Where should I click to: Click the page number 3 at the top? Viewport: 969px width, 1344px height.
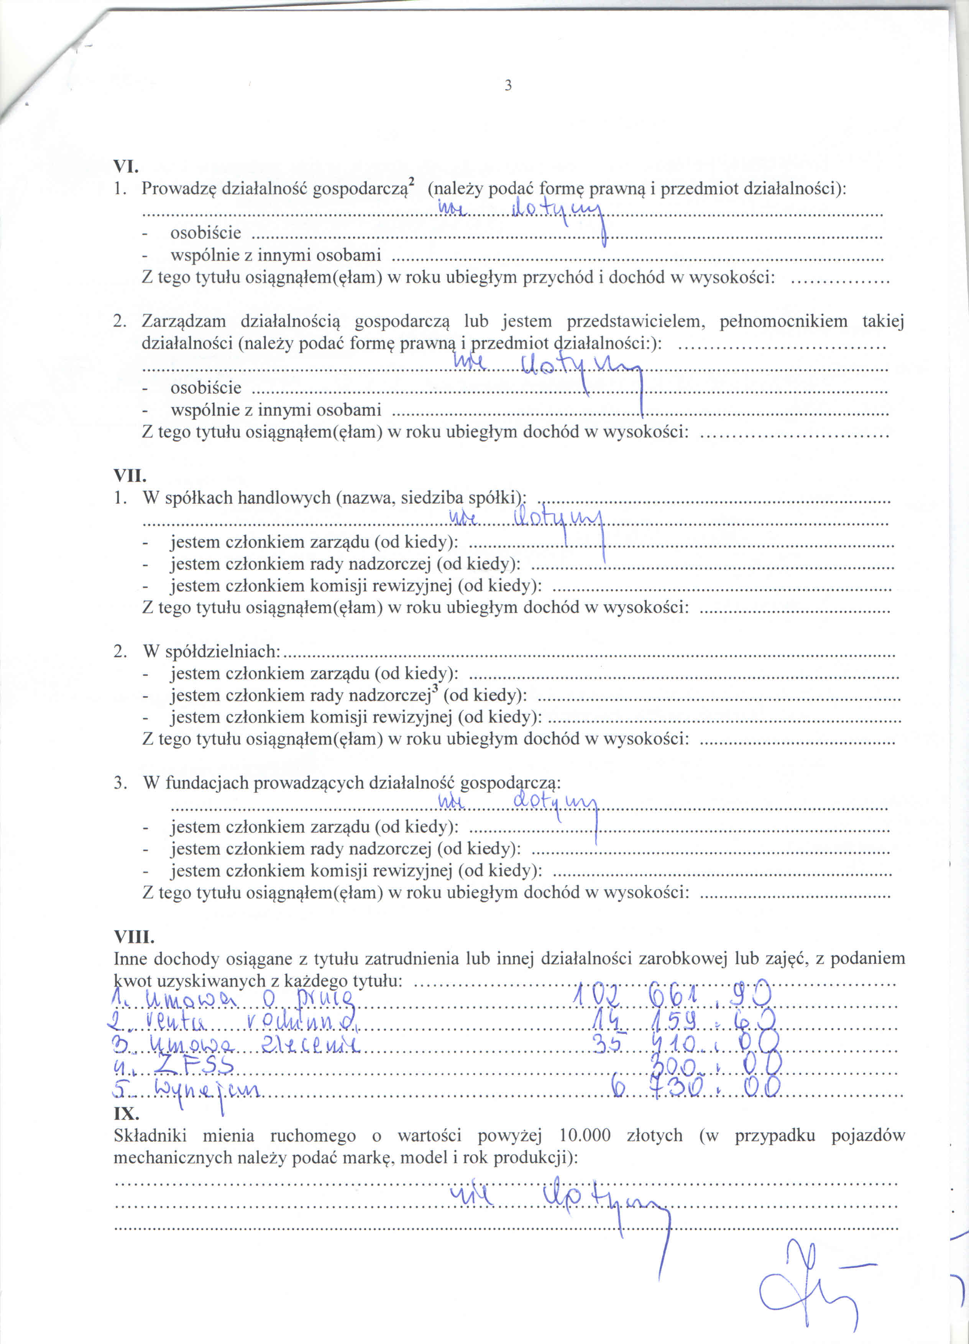click(x=507, y=85)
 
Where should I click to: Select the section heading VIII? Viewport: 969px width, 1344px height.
click(x=133, y=937)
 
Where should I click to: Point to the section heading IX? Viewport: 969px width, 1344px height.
click(x=126, y=1114)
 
